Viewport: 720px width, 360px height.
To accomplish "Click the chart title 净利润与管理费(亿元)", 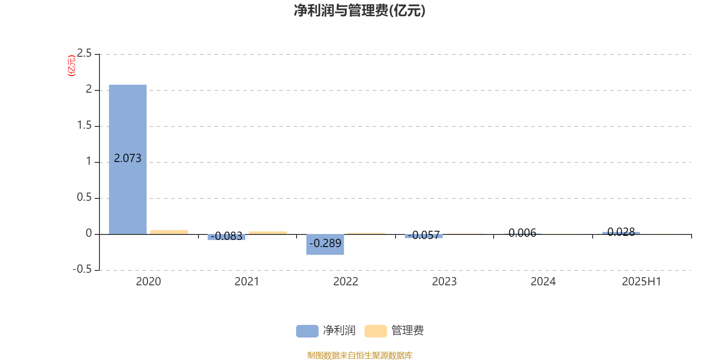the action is coord(360,11).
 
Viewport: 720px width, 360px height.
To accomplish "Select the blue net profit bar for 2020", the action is coord(128,159).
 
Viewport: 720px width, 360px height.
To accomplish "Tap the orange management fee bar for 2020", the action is coord(169,232).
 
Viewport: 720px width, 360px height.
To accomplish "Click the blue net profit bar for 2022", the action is coord(325,245).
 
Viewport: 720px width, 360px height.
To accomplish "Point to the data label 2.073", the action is coord(128,158).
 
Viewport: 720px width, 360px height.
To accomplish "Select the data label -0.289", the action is coord(325,243).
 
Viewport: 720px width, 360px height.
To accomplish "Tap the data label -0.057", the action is coord(423,235).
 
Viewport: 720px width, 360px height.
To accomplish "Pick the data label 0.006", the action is coord(522,233).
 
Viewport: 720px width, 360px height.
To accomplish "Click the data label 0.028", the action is coord(621,232).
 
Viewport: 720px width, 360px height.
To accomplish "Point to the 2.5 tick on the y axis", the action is coord(84,54).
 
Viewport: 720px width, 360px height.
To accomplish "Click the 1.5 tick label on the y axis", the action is coord(84,126).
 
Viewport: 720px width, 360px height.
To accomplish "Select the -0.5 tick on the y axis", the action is coord(82,270).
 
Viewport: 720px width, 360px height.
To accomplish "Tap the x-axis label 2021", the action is coord(247,282).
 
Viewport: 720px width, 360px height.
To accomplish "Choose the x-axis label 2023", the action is coord(444,282).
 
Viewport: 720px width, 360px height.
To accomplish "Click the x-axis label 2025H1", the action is coord(642,282).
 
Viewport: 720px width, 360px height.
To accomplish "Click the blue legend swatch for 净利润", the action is coord(307,331).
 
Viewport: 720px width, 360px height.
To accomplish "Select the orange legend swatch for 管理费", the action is coord(375,331).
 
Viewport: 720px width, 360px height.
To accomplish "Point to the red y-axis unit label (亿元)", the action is coord(72,66).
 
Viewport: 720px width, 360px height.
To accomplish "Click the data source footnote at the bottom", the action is coord(360,355).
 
